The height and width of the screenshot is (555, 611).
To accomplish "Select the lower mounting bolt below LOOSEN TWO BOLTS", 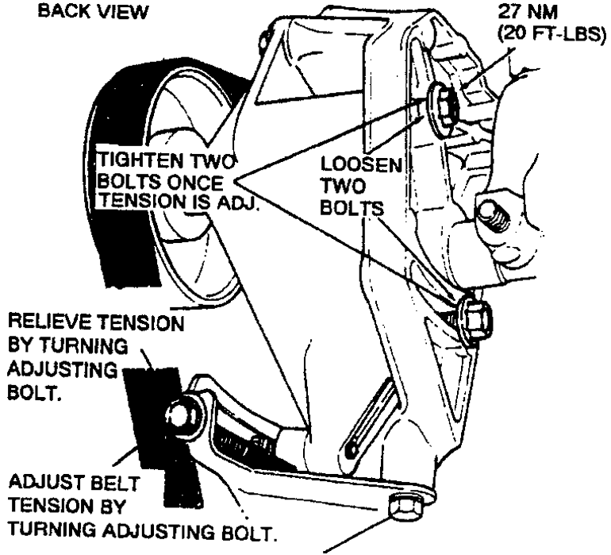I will point(475,319).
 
